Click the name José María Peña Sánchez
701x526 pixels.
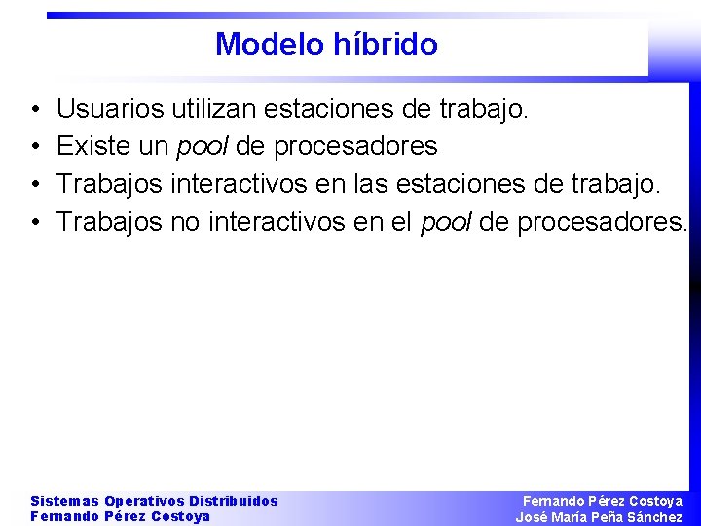click(x=599, y=517)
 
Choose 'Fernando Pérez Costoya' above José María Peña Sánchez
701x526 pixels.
click(x=603, y=501)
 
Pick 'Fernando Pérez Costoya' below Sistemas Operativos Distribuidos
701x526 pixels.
click(x=120, y=517)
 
